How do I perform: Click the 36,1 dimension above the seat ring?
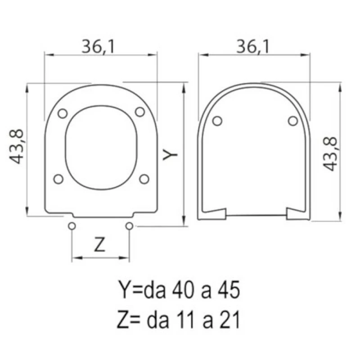pyautogui.click(x=98, y=47)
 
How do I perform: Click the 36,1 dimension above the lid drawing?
pyautogui.click(x=252, y=47)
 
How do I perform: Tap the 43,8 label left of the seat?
pyautogui.click(x=17, y=147)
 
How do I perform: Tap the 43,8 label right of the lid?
pyautogui.click(x=330, y=154)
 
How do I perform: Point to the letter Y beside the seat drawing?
pyautogui.click(x=170, y=154)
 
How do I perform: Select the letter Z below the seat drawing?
pyautogui.click(x=99, y=244)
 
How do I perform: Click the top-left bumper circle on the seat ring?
pyautogui.click(x=63, y=113)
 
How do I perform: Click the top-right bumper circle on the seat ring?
pyautogui.click(x=140, y=112)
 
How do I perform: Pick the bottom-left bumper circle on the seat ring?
pyautogui.click(x=58, y=179)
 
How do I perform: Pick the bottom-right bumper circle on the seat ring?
pyautogui.click(x=144, y=179)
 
